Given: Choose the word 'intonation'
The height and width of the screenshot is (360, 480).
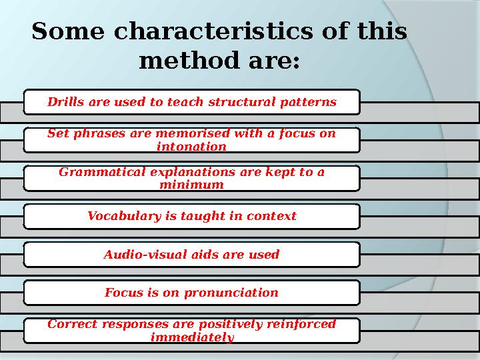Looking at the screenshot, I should click(191, 146).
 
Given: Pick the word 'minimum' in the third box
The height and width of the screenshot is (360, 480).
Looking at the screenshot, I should click(191, 184).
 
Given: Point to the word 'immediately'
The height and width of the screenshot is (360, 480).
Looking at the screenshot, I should click(192, 337).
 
